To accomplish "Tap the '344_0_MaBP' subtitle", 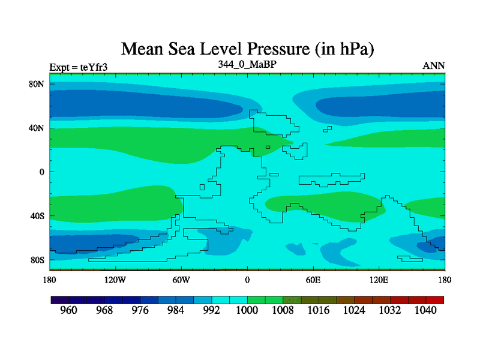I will coord(247,64).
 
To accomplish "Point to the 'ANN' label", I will coord(434,65).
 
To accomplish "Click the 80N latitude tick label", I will coord(37,84).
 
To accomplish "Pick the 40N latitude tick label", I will coord(37,128).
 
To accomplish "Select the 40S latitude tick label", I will coord(37,216).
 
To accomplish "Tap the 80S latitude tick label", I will coord(37,260).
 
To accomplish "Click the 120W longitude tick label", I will coord(115,280).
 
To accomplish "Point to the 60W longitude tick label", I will coord(181,280).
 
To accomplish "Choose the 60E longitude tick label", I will coord(313,280).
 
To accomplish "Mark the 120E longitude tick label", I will coord(379,280).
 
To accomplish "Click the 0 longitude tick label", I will coord(247,280).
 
